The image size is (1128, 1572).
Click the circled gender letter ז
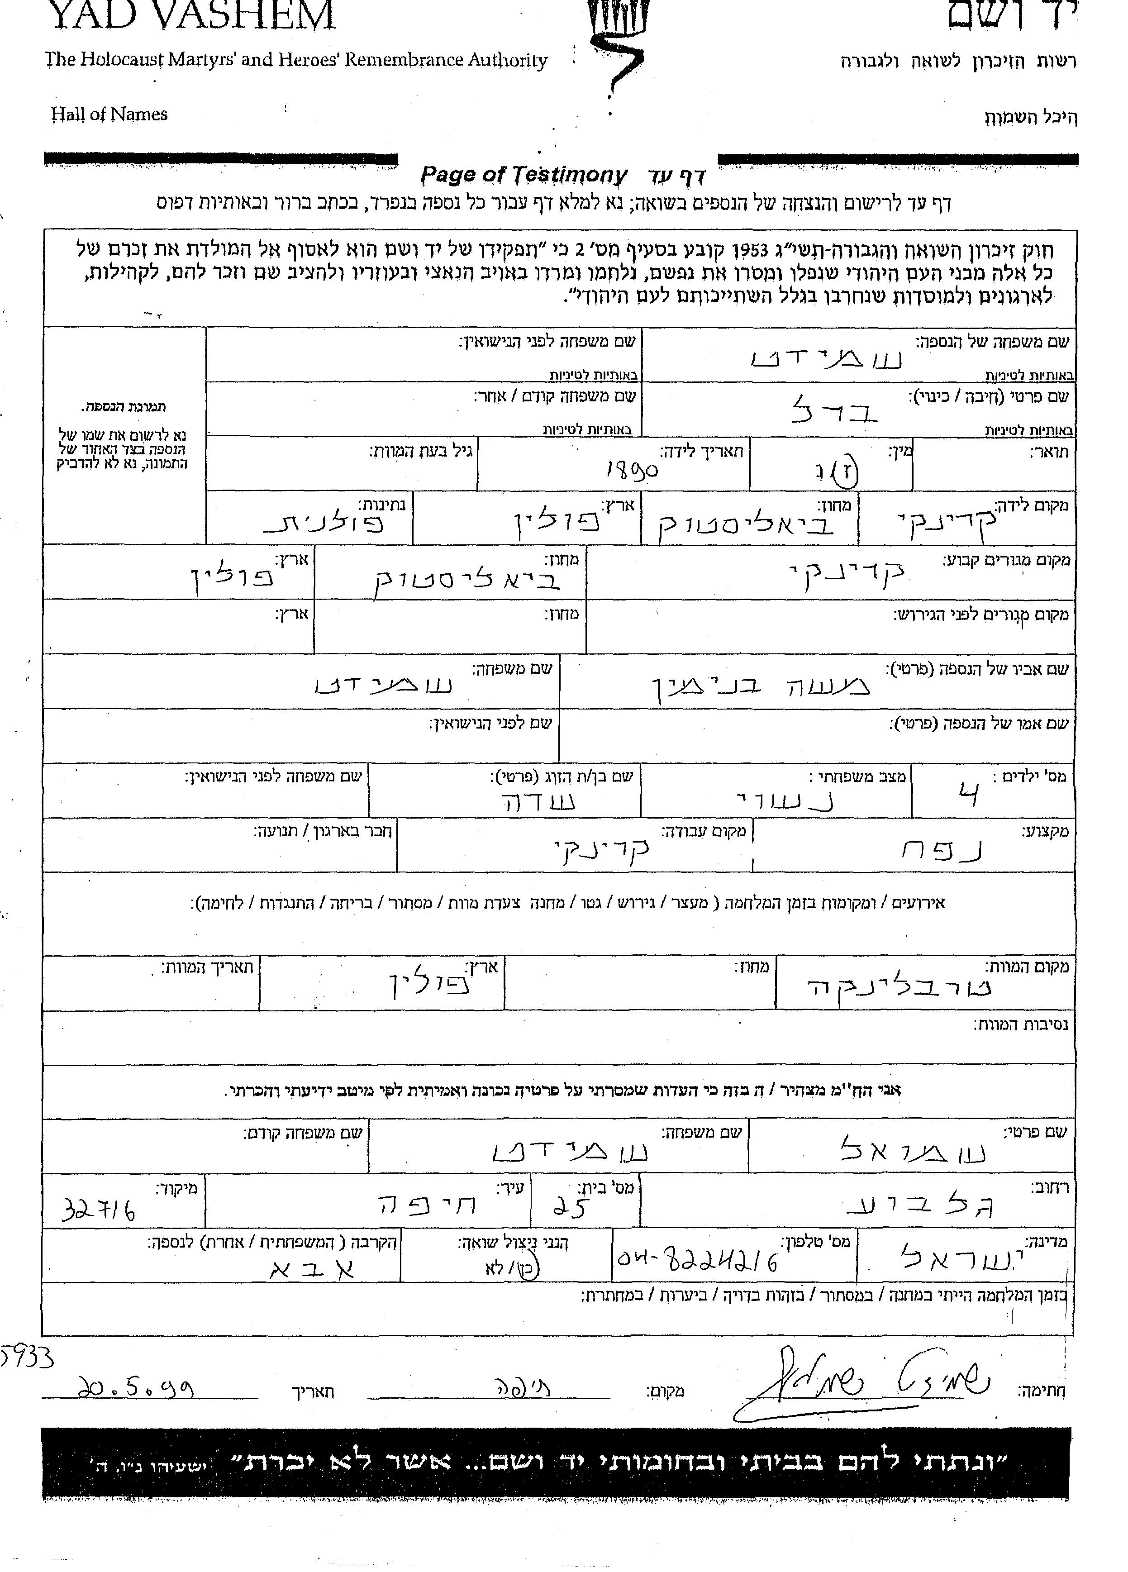coord(849,473)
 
